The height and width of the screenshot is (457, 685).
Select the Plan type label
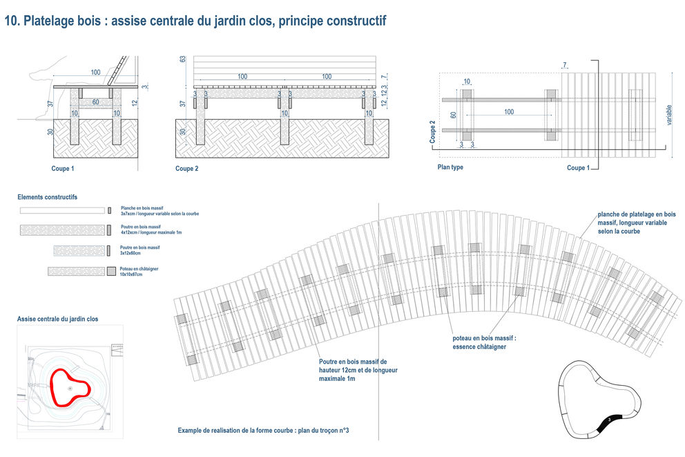click(450, 167)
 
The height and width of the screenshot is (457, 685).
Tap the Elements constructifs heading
click(48, 197)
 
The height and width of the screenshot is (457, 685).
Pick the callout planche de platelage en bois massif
click(637, 223)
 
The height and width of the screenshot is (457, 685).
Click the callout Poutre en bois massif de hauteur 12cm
click(358, 370)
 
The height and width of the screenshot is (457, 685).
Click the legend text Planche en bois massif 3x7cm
click(160, 210)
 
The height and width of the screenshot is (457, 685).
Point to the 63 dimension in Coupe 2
click(183, 59)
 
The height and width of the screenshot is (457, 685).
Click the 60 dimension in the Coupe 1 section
click(95, 102)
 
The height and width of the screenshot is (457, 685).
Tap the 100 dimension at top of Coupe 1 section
click(95, 72)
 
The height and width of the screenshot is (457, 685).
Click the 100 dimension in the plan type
click(509, 112)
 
